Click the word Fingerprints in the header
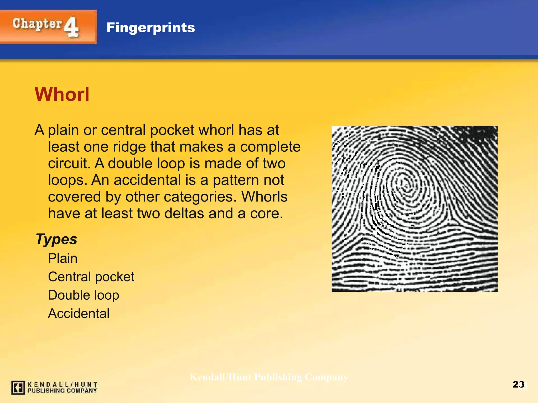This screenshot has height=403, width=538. tap(151, 28)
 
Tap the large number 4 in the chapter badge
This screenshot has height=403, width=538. tap(71, 27)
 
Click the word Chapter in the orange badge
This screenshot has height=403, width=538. tap(37, 24)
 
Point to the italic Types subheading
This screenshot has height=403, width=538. tap(56, 239)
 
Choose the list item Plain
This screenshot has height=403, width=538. tap(63, 258)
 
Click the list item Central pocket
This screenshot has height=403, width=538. tap(91, 277)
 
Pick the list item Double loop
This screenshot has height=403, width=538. tap(84, 295)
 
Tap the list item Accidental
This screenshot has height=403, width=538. tap(79, 313)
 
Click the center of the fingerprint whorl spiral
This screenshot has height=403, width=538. tap(406, 185)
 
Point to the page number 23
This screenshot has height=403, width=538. tap(518, 384)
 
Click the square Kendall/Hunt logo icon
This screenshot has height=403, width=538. tap(18, 388)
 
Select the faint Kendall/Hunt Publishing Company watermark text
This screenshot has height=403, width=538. tap(269, 377)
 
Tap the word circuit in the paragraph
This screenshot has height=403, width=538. tap(69, 163)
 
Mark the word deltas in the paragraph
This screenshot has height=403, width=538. tap(184, 213)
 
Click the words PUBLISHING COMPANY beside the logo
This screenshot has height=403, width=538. tap(62, 390)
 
